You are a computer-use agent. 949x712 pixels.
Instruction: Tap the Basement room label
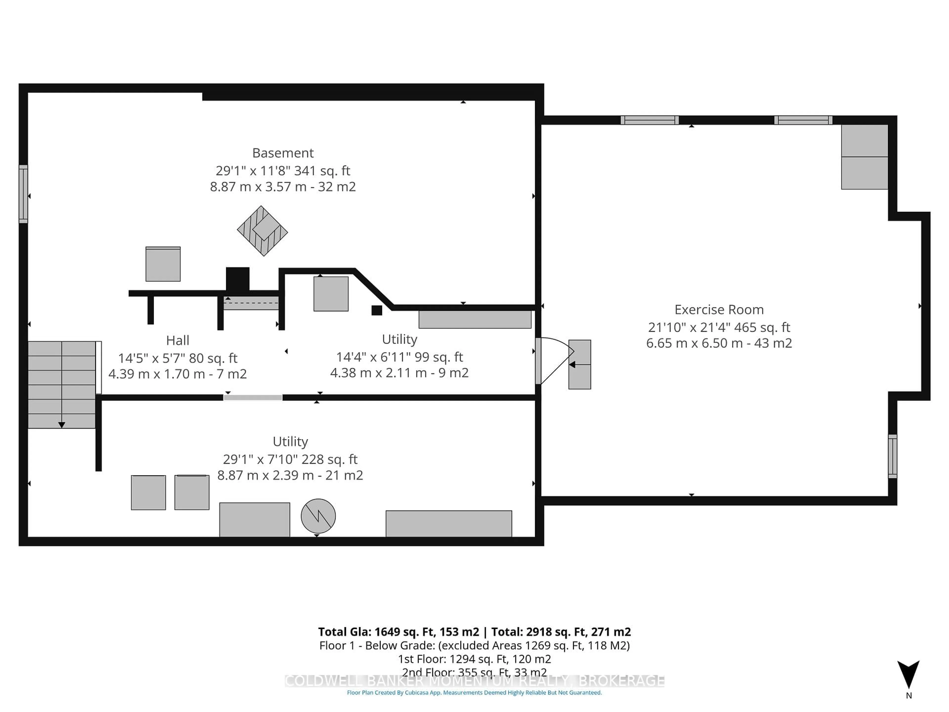pyautogui.click(x=283, y=153)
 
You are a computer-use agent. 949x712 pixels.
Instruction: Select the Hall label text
pyautogui.click(x=178, y=340)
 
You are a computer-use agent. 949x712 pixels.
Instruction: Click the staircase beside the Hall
pyautogui.click(x=62, y=384)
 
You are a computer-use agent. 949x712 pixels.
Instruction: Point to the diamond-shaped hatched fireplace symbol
pyautogui.click(x=262, y=231)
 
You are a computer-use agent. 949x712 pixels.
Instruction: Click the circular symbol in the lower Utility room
pyautogui.click(x=318, y=516)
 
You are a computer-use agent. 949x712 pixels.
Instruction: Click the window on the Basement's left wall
pyautogui.click(x=23, y=194)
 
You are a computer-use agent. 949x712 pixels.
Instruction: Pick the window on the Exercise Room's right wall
pyautogui.click(x=892, y=456)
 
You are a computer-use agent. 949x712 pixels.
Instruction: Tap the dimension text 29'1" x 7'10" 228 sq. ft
pyautogui.click(x=290, y=459)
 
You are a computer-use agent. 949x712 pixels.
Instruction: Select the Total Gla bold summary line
pyautogui.click(x=474, y=632)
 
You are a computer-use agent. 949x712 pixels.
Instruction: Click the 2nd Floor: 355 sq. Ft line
pyautogui.click(x=474, y=672)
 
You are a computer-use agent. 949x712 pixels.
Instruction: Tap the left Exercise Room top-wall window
pyautogui.click(x=649, y=120)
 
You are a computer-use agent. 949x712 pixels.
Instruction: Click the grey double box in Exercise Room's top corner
pyautogui.click(x=864, y=157)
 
